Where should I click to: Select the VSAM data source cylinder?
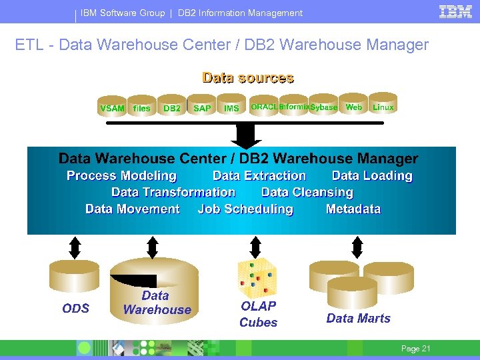[112, 106]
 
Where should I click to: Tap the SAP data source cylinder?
[202, 106]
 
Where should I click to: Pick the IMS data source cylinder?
[231, 106]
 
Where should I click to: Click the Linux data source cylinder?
[383, 105]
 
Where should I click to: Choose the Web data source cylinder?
[354, 105]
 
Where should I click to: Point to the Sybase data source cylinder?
[324, 105]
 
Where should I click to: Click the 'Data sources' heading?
[247, 78]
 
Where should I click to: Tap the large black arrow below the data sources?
[246, 136]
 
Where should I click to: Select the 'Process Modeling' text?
[121, 176]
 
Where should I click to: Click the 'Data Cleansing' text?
[307, 193]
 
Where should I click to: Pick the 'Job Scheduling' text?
[245, 209]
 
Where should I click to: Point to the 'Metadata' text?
[353, 209]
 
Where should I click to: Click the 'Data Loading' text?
[372, 176]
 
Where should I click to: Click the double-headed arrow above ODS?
[75, 247]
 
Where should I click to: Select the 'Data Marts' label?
[358, 319]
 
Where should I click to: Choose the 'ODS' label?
[75, 308]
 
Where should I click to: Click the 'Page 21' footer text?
[415, 349]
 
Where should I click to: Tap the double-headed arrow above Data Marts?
[357, 247]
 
